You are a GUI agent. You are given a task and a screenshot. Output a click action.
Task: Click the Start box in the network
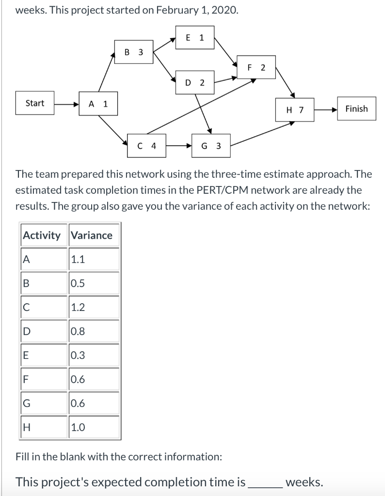(x=34, y=103)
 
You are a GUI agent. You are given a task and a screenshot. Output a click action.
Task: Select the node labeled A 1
(x=98, y=104)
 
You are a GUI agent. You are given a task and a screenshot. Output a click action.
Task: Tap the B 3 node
(x=134, y=52)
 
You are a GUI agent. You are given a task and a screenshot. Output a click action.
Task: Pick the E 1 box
(x=195, y=37)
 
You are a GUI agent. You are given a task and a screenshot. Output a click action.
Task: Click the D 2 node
(x=195, y=82)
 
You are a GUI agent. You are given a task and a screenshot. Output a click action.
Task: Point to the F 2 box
(x=256, y=67)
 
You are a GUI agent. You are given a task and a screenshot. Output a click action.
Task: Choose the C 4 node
(x=146, y=145)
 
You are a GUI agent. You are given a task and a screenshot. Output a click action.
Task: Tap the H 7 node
(x=295, y=109)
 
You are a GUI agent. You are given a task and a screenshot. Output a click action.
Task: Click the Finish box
(x=356, y=108)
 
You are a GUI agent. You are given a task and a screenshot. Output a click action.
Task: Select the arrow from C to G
(x=179, y=145)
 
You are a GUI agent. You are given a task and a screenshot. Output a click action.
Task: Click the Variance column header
(x=92, y=235)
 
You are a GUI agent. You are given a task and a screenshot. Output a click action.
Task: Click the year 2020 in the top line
(x=224, y=11)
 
